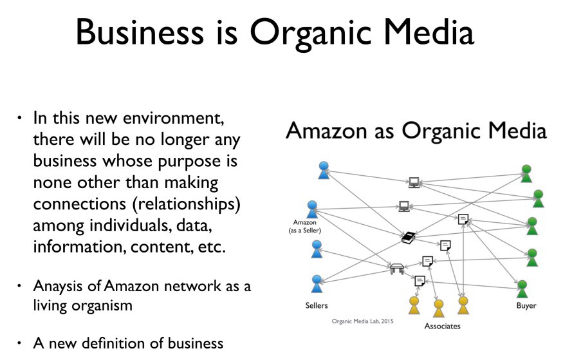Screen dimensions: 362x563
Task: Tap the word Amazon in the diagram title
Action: [x=324, y=131]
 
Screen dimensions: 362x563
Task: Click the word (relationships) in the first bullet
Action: [x=166, y=204]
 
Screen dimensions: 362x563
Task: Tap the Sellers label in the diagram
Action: [x=316, y=305]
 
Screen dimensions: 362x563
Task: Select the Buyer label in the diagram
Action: [x=526, y=305]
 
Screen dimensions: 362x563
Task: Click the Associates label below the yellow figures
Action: [x=442, y=326]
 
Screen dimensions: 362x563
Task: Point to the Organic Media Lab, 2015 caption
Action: [x=362, y=321]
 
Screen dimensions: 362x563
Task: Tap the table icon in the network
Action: [x=397, y=267]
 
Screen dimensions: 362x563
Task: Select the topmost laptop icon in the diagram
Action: [x=414, y=182]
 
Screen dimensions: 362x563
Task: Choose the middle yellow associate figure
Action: [x=438, y=308]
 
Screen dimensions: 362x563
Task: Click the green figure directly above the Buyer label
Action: [x=522, y=289]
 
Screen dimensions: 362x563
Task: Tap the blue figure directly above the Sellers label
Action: [x=316, y=284]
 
